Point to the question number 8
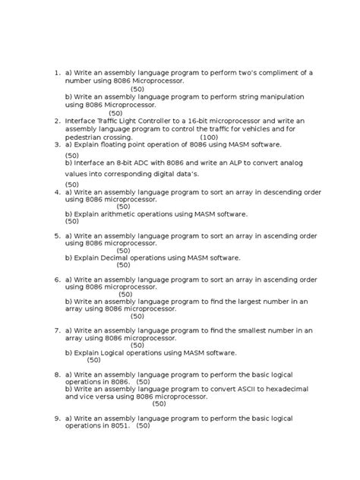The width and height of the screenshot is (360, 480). coord(57,374)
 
